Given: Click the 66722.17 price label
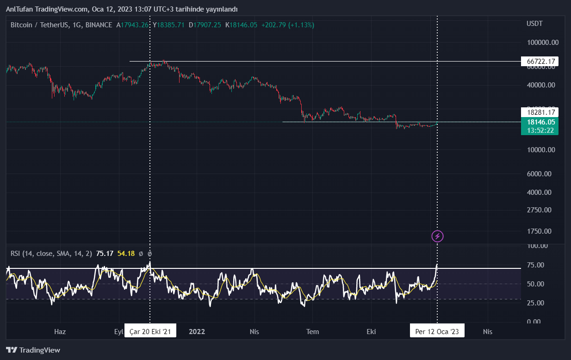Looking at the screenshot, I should tap(540, 62).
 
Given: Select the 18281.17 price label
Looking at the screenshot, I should tap(540, 112).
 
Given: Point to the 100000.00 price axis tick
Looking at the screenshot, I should tap(543, 43).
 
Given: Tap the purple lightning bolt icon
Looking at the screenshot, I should tap(437, 236).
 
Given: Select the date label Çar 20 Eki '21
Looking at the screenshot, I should tap(150, 331).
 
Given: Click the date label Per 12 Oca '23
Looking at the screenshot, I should tap(437, 331).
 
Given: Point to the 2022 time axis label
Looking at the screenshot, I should tap(197, 331).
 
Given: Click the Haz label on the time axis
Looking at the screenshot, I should tap(60, 331).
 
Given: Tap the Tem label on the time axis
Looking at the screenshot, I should tap(313, 331).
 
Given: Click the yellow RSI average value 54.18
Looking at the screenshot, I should tap(126, 254).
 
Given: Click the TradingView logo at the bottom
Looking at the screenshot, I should tap(33, 350).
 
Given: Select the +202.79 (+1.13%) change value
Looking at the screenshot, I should tap(287, 25).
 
